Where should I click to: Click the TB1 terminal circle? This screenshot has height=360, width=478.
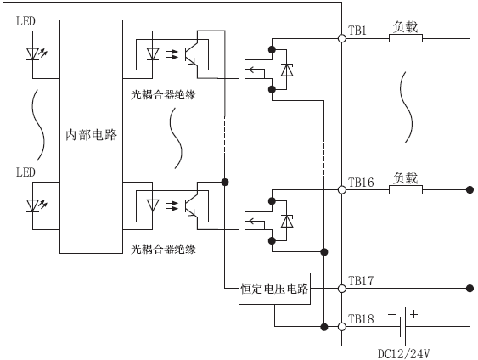[342, 38]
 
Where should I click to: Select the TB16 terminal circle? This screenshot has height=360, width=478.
[342, 190]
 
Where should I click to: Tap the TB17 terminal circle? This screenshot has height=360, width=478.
[342, 289]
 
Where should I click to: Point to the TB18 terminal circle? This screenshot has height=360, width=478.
[342, 327]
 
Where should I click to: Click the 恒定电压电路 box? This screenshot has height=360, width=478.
[274, 289]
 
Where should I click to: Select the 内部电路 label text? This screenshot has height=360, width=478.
[92, 134]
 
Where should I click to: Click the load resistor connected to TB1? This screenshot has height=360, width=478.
[406, 38]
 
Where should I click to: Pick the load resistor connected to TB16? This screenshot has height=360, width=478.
[406, 190]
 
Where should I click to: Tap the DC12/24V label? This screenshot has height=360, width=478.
[403, 354]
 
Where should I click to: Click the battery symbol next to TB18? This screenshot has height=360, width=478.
[403, 327]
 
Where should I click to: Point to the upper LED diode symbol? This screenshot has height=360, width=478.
[32, 54]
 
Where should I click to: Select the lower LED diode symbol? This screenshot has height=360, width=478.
[32, 205]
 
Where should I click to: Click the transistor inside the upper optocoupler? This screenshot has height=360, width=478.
[191, 54]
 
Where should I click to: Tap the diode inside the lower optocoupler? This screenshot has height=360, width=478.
[153, 205]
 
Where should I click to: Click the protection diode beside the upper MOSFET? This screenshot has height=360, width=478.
[287, 70]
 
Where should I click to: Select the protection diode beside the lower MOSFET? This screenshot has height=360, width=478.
[287, 222]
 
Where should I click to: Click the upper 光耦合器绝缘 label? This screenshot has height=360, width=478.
[163, 95]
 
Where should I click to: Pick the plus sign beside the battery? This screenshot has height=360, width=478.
[413, 313]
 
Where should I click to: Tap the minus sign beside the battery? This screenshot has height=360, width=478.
[391, 314]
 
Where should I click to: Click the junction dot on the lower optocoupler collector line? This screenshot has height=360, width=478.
[225, 183]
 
